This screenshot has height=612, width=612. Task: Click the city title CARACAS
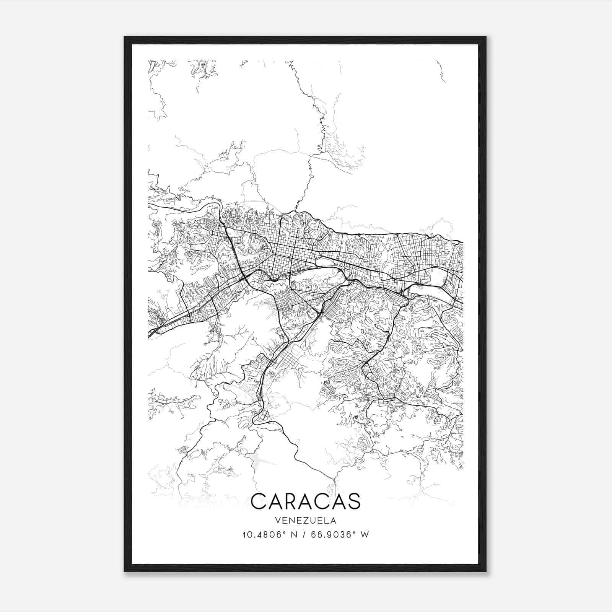point(306,501)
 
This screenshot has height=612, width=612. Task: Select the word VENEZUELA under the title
point(305,520)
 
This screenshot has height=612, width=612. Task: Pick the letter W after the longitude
point(365,534)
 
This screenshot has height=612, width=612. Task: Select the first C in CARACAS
point(258,501)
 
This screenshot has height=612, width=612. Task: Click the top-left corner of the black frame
point(125,37)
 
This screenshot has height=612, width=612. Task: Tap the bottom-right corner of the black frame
point(486,571)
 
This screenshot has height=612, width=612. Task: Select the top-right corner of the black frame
point(486,37)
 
